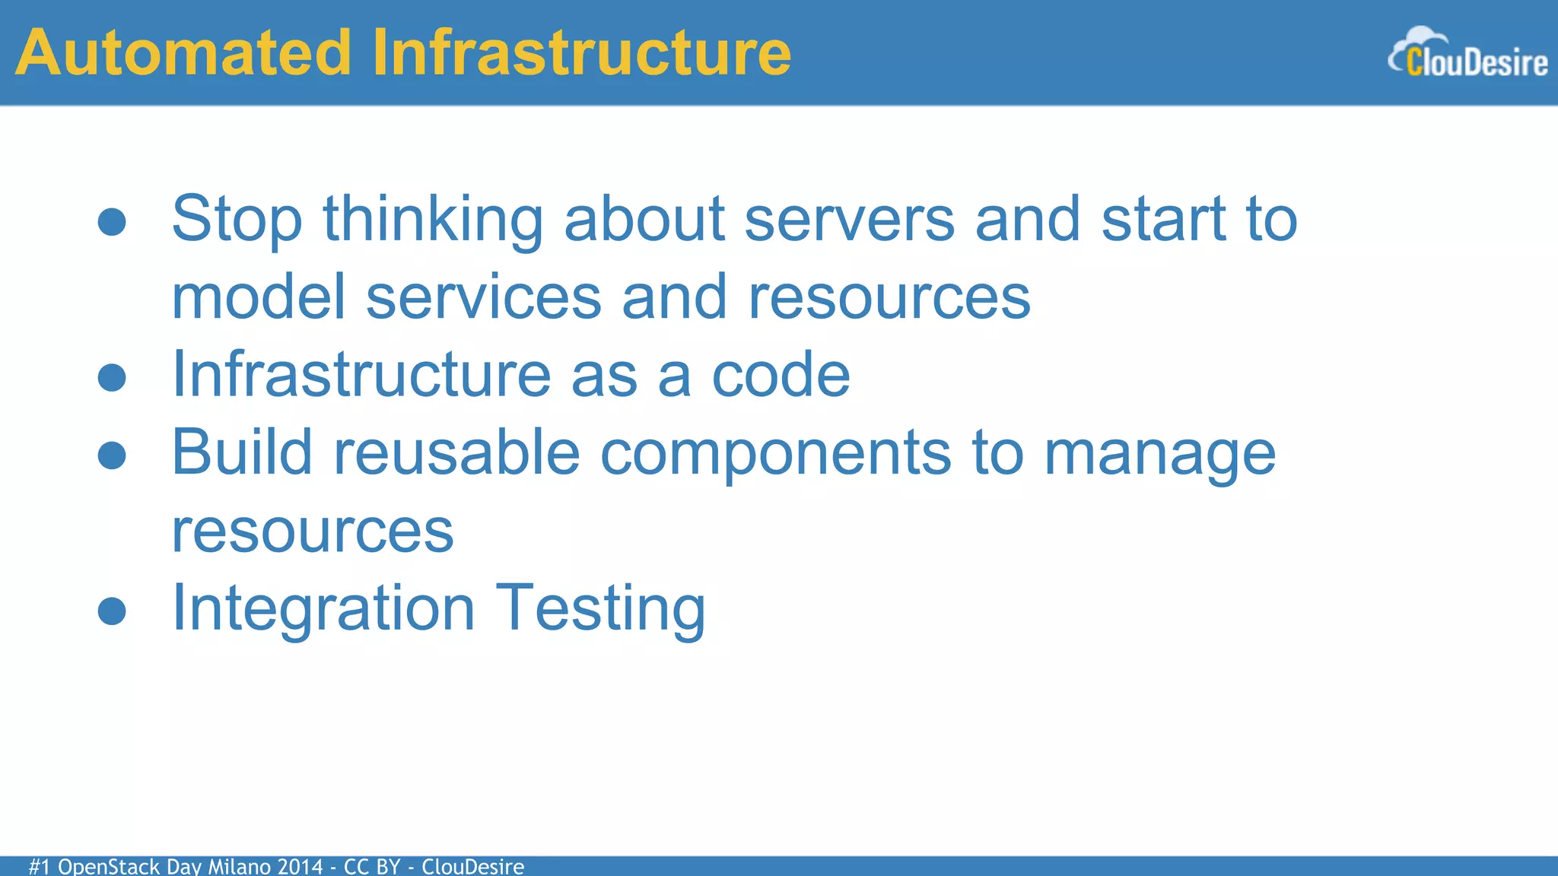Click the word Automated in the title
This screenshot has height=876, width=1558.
183,53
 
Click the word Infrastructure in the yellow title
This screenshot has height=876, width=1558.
582,53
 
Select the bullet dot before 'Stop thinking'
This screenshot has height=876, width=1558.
112,222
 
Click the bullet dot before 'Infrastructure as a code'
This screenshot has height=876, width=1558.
112,378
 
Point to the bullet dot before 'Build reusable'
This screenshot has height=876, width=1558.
112,455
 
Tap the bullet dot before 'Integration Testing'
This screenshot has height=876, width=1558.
112,611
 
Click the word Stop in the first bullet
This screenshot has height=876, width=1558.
237,221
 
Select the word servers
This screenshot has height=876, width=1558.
849,221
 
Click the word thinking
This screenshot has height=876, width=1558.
433,221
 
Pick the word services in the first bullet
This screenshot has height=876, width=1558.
484,298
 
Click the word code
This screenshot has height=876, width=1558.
781,376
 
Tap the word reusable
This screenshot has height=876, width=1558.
456,454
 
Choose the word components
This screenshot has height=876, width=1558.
775,454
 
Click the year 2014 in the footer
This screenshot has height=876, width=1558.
300,866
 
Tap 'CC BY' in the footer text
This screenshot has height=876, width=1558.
371,866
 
